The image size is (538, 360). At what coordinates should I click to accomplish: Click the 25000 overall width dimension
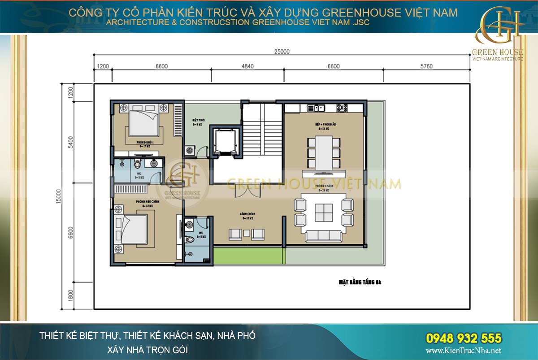click(282, 51)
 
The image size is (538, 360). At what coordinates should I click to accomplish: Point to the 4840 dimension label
click(247, 66)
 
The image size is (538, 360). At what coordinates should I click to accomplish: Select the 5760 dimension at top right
click(426, 66)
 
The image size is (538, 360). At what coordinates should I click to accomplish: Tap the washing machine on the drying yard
click(191, 150)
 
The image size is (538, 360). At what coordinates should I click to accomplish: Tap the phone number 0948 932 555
click(463, 338)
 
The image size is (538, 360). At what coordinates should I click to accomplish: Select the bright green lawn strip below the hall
click(249, 256)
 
